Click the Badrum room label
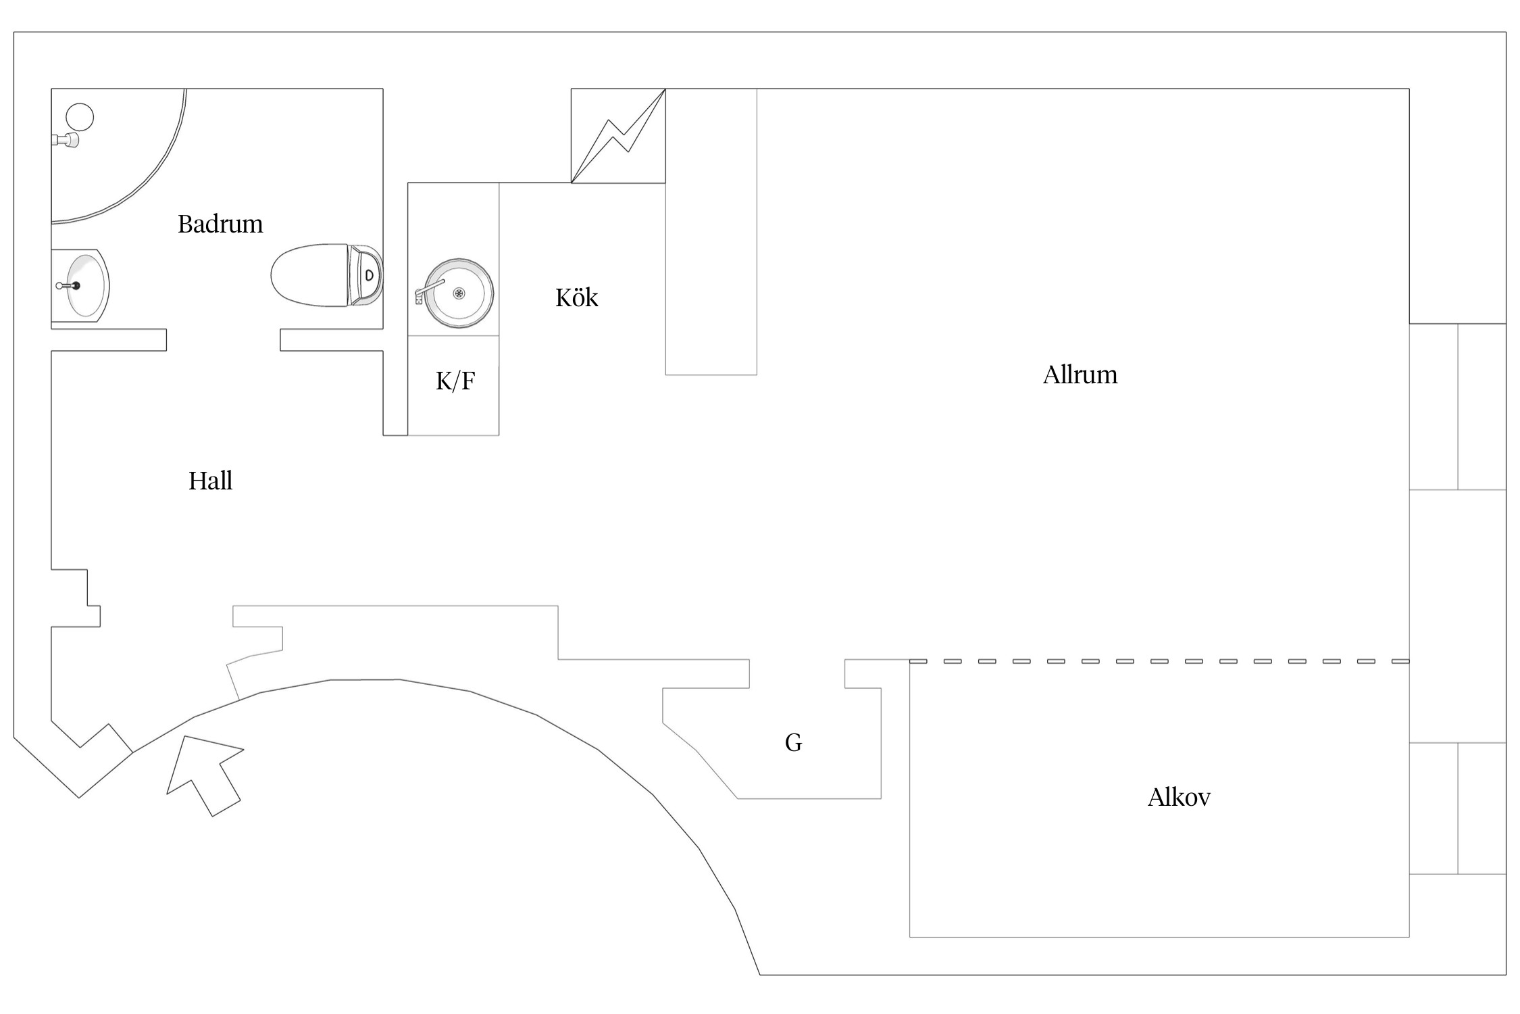point(220,224)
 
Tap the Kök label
point(577,297)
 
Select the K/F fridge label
point(455,381)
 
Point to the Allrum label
point(1080,375)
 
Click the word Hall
point(211,481)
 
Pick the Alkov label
point(1179,798)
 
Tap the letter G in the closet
point(794,743)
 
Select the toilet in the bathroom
point(327,276)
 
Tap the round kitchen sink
point(459,293)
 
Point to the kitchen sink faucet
point(428,289)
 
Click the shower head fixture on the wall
point(66,140)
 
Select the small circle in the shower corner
point(80,117)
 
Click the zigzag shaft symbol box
point(618,136)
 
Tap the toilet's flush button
point(370,275)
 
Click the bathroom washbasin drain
point(76,286)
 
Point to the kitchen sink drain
point(459,293)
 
